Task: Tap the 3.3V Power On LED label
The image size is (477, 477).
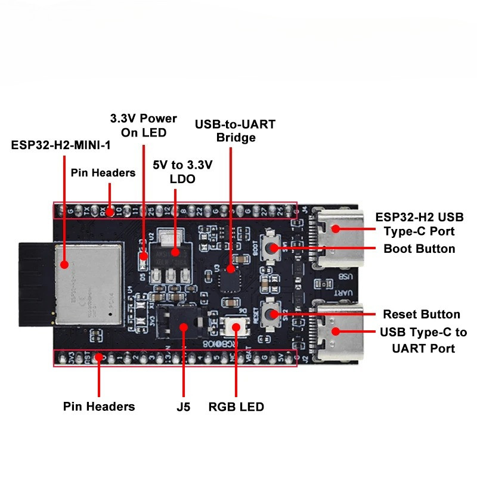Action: tap(143, 125)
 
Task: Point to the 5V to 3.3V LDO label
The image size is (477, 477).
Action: tap(175, 171)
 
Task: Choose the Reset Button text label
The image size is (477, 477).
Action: tap(422, 314)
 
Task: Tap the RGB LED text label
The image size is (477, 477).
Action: tap(236, 407)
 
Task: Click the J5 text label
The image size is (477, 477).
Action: tap(184, 407)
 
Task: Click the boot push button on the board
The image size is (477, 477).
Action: tap(272, 249)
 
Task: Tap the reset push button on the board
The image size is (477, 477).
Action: tap(272, 312)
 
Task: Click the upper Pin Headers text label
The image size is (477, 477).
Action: tap(103, 173)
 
